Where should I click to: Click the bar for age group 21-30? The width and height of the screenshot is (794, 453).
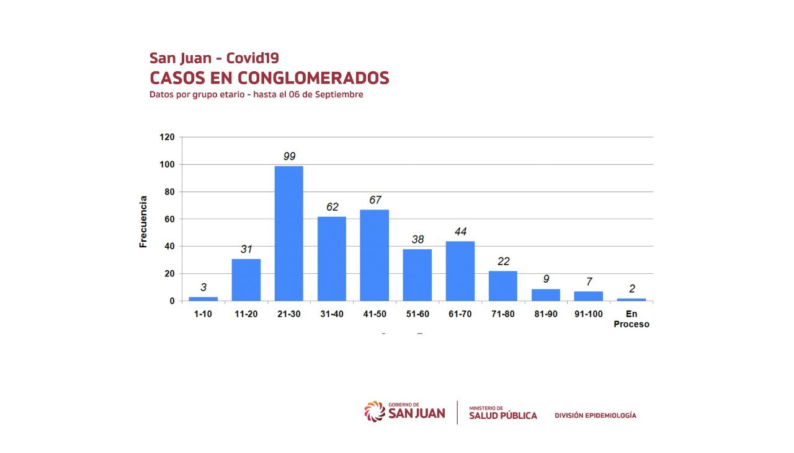click(x=289, y=233)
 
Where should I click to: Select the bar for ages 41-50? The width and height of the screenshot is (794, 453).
click(x=375, y=255)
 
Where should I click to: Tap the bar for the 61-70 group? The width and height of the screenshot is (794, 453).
click(x=460, y=271)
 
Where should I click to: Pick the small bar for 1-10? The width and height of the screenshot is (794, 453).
click(x=203, y=299)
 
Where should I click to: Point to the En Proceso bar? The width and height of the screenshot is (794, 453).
click(x=631, y=299)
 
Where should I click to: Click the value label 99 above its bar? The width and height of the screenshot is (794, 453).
click(x=289, y=156)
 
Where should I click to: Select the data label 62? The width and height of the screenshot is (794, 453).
click(x=332, y=207)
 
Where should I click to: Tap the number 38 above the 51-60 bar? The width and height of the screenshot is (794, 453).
click(x=417, y=239)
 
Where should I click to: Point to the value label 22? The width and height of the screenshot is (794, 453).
click(x=503, y=261)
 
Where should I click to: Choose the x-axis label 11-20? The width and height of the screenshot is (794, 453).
click(x=246, y=314)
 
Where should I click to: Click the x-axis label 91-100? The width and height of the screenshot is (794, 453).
click(x=588, y=314)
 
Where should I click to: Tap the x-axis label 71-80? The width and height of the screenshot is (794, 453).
click(x=502, y=314)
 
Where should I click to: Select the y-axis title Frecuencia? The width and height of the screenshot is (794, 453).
click(x=143, y=222)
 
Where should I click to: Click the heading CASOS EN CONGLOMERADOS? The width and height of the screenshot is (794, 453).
click(x=269, y=78)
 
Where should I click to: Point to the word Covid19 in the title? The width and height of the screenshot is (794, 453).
click(x=252, y=58)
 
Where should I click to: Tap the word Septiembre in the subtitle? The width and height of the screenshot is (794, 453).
click(x=339, y=95)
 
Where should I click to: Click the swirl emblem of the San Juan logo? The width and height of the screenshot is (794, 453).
click(x=375, y=411)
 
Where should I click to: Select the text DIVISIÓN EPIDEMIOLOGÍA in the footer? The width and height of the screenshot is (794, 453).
click(x=595, y=415)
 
